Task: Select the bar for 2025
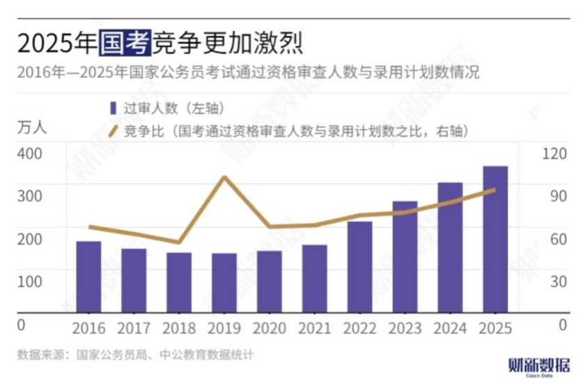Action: coord(495,240)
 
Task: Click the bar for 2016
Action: coord(88,277)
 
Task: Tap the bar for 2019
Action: coord(224,283)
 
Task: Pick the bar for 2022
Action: coord(360,267)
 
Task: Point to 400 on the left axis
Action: coord(29,153)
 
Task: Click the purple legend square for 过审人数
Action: coord(113,108)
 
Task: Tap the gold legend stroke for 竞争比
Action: coord(112,130)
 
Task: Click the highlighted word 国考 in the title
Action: coord(124,44)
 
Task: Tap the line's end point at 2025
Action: coord(494,189)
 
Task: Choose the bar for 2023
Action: coord(405,257)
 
